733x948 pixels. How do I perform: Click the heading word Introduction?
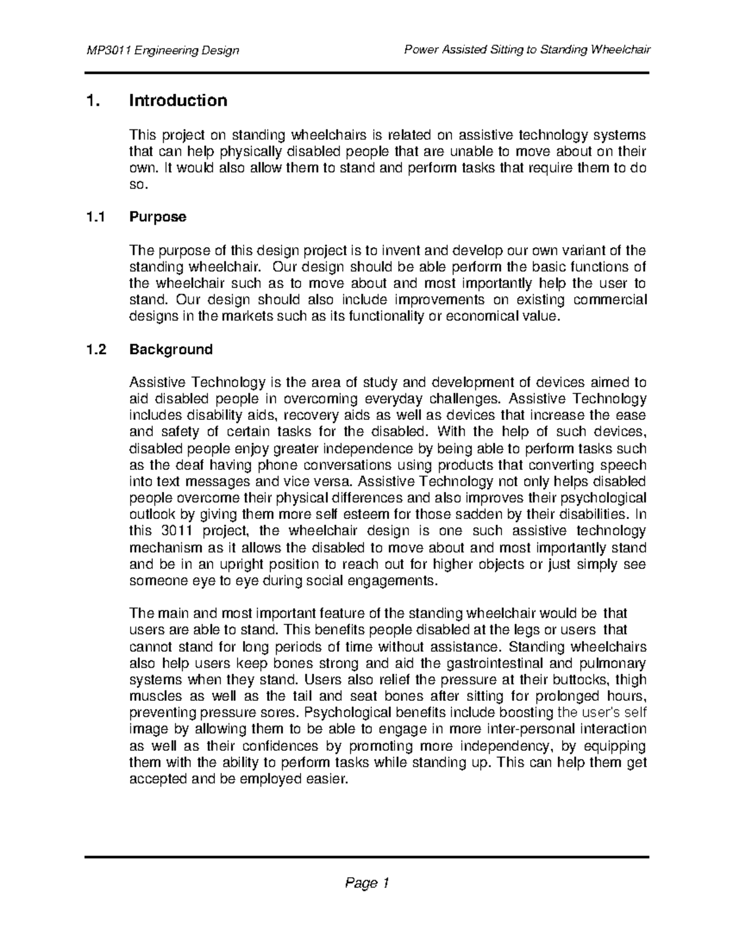point(178,101)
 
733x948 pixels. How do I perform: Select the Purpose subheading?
point(158,217)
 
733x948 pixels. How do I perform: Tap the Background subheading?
point(170,350)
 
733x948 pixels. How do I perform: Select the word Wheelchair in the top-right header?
point(619,49)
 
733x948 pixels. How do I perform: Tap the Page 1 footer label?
point(366,883)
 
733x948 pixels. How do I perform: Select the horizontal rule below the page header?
point(366,73)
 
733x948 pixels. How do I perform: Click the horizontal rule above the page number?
point(366,856)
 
